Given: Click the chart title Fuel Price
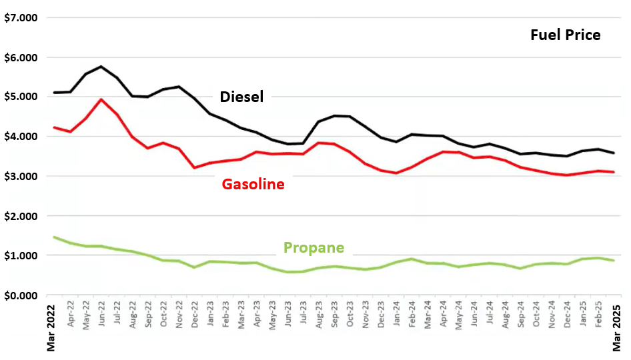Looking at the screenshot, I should pos(565,35).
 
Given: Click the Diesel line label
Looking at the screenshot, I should pos(241,97).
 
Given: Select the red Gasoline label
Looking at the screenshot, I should pos(253,184).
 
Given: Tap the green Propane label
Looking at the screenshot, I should pos(313,248).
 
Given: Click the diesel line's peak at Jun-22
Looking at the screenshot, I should pos(101,67).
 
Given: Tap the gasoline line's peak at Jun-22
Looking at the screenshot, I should pos(101,99).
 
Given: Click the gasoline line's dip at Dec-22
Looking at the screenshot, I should pos(195,167).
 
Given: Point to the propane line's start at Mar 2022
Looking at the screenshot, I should pos(54,237).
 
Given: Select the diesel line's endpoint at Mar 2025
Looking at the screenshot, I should pos(614,153).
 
